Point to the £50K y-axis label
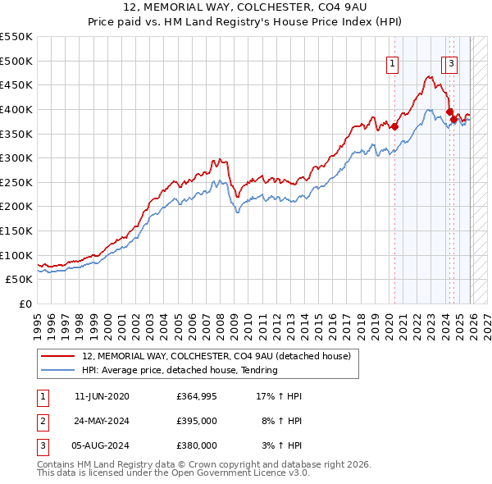pos(19,279)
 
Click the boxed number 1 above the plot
pos(393,62)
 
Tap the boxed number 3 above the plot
pos(452,62)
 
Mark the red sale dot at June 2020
pos(394,126)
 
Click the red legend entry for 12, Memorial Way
pos(216,356)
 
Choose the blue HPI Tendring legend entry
pos(180,370)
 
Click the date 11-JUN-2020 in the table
pos(102,396)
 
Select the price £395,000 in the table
pos(197,421)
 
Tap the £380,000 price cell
pos(197,445)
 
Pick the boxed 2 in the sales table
pos(41,421)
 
